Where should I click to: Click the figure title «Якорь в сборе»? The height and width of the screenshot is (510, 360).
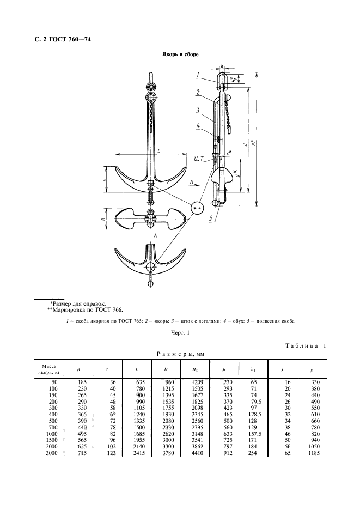click(x=179, y=55)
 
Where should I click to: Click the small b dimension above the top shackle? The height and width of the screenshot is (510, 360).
click(x=223, y=65)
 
